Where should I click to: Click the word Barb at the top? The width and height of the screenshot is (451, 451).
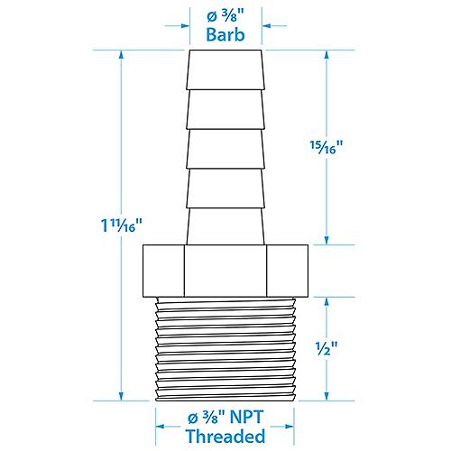[225, 36]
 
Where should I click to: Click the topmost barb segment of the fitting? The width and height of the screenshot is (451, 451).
[225, 70]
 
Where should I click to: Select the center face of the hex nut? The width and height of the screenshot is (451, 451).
[225, 269]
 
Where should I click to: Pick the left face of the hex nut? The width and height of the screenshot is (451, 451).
[164, 269]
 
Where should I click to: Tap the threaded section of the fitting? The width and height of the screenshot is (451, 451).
[225, 347]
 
